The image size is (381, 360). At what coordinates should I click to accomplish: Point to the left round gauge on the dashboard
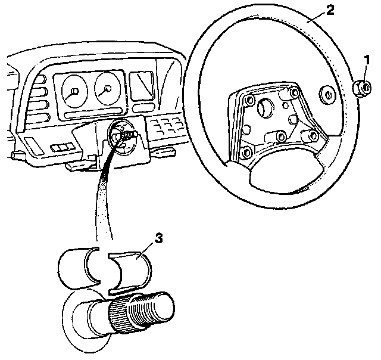[73, 91]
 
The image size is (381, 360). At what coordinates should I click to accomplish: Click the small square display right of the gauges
[142, 85]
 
